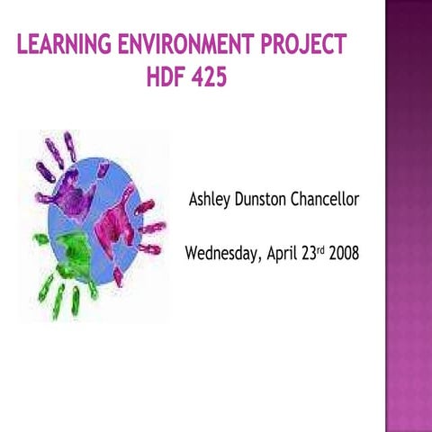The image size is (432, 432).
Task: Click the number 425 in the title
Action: click(x=210, y=78)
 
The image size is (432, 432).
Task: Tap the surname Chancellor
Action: click(x=325, y=199)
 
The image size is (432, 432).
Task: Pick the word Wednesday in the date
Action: click(x=221, y=254)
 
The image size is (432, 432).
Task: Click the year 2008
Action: click(x=345, y=253)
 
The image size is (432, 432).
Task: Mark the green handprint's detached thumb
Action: click(x=40, y=238)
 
